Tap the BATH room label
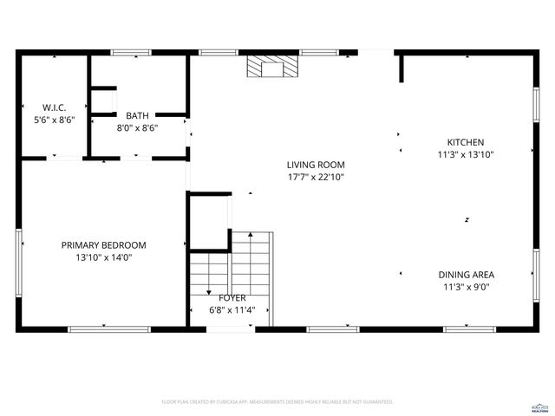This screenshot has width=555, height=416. click(137, 115)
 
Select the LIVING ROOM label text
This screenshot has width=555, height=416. click(317, 165)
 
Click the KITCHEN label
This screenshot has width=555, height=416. click(465, 143)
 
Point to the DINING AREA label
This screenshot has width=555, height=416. click(466, 275)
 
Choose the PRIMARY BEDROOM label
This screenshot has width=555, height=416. click(103, 245)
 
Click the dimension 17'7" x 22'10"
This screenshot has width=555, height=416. click(317, 177)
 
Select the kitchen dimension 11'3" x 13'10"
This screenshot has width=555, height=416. click(465, 155)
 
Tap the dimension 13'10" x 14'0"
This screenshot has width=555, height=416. click(103, 257)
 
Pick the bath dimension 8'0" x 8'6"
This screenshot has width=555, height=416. click(137, 127)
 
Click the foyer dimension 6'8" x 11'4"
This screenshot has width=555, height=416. click(232, 309)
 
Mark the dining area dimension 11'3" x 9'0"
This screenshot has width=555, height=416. click(466, 287)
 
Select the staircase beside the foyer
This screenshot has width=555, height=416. click(251, 269)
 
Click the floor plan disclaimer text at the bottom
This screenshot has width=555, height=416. click(277, 402)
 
